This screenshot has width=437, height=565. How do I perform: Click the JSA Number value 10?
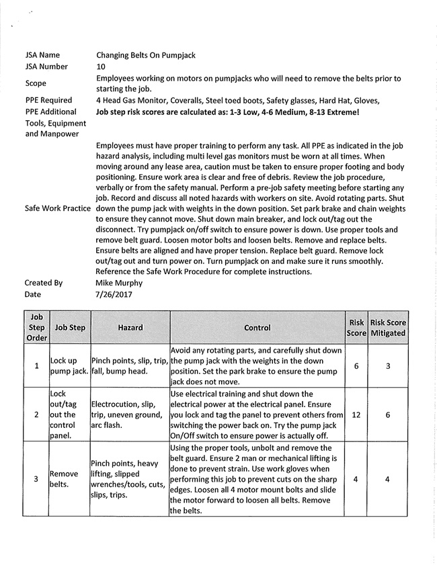point(101,67)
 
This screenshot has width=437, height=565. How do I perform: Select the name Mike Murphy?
point(120,283)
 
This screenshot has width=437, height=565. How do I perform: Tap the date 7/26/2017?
point(114,294)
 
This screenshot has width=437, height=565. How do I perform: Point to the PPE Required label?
point(48,101)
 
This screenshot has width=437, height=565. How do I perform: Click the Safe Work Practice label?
point(58,208)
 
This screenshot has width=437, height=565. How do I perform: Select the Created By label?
point(44,283)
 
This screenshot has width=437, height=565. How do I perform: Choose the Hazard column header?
point(130,328)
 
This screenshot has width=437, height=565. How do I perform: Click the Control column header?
point(257,328)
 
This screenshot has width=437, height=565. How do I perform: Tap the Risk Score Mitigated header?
point(388,328)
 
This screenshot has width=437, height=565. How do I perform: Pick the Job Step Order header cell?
point(36,328)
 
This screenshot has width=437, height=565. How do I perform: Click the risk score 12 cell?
point(356,415)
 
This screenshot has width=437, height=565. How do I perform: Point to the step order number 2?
point(36,415)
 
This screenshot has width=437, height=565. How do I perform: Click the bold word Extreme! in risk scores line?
point(340,112)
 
